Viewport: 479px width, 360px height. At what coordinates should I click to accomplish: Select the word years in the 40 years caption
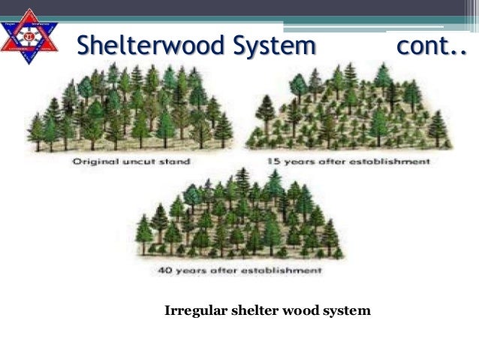(x=191, y=268)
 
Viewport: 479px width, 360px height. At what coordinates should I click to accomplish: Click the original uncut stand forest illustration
(x=128, y=109)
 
